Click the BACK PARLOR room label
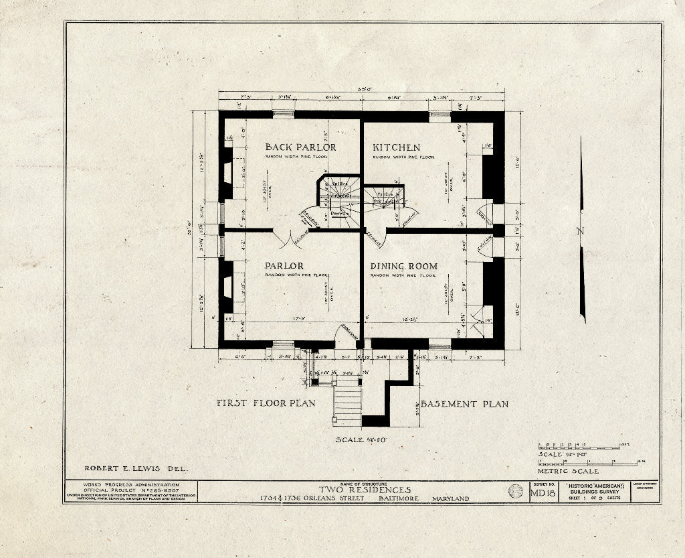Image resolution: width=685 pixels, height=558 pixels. [x=300, y=147]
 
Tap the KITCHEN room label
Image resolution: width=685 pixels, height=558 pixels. [x=397, y=147]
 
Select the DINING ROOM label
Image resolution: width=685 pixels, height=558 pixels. [x=404, y=266]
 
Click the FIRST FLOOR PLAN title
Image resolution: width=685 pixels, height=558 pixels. [x=266, y=403]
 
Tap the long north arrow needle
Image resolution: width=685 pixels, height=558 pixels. [x=582, y=228]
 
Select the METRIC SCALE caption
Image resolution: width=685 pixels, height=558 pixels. [x=567, y=471]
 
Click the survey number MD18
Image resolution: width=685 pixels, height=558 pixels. [x=543, y=494]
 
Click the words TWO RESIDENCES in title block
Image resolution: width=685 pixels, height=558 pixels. [x=365, y=490]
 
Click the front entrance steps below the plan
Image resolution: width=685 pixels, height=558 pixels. [x=347, y=401]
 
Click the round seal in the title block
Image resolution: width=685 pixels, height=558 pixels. [x=516, y=492]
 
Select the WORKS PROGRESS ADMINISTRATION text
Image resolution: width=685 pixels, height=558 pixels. [x=131, y=484]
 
